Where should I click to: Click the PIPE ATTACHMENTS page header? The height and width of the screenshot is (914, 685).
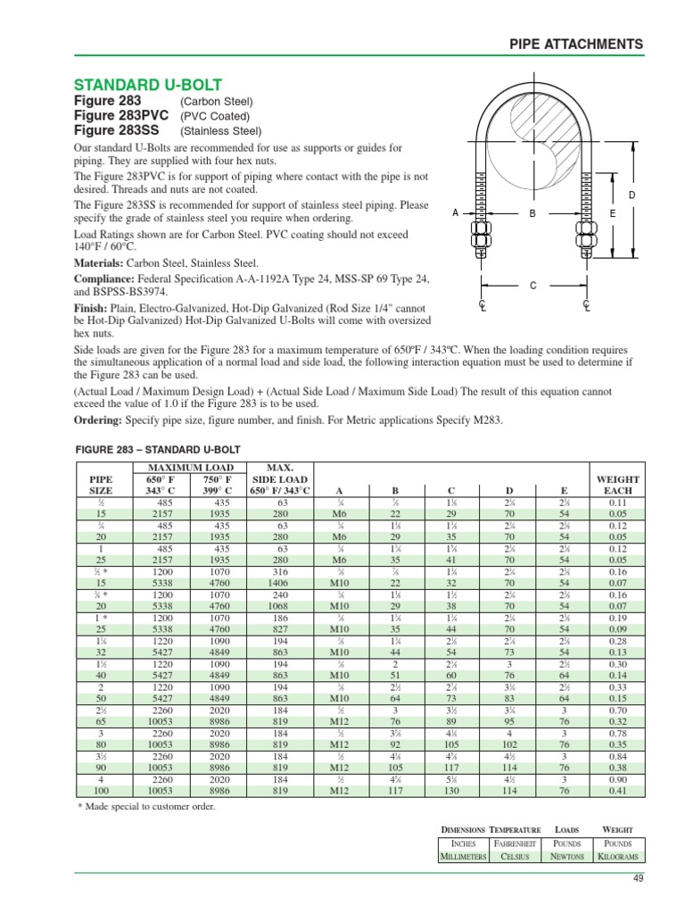pos(575,44)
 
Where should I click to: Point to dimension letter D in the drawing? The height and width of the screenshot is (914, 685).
pos(632,195)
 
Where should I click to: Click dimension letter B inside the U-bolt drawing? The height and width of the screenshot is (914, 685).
pos(532,214)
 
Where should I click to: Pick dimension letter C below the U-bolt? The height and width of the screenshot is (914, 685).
pos(533,286)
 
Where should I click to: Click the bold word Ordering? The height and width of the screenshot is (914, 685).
pos(99,420)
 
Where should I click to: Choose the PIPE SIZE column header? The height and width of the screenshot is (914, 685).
pos(103,485)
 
